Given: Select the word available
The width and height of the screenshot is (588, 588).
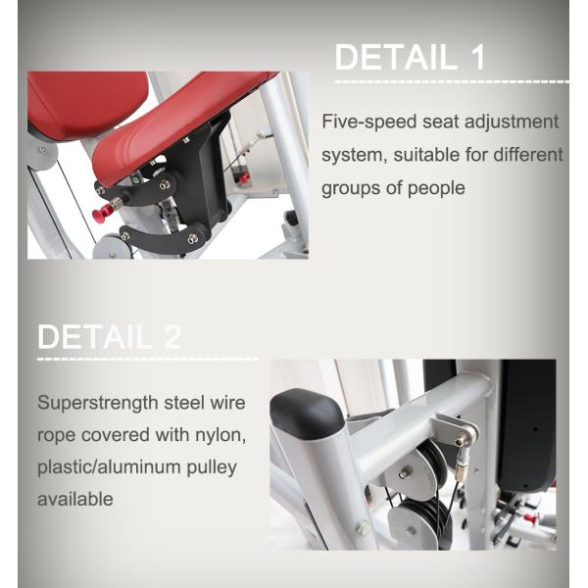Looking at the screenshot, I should pos(75,499).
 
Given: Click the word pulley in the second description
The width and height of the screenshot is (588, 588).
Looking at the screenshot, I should pos(212,467).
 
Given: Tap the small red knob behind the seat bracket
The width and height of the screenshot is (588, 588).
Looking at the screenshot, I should pos(244,178).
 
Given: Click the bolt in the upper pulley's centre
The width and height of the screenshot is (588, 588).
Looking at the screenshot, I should pos(403,471).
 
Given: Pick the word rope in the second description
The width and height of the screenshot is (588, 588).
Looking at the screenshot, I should pos(56,435).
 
